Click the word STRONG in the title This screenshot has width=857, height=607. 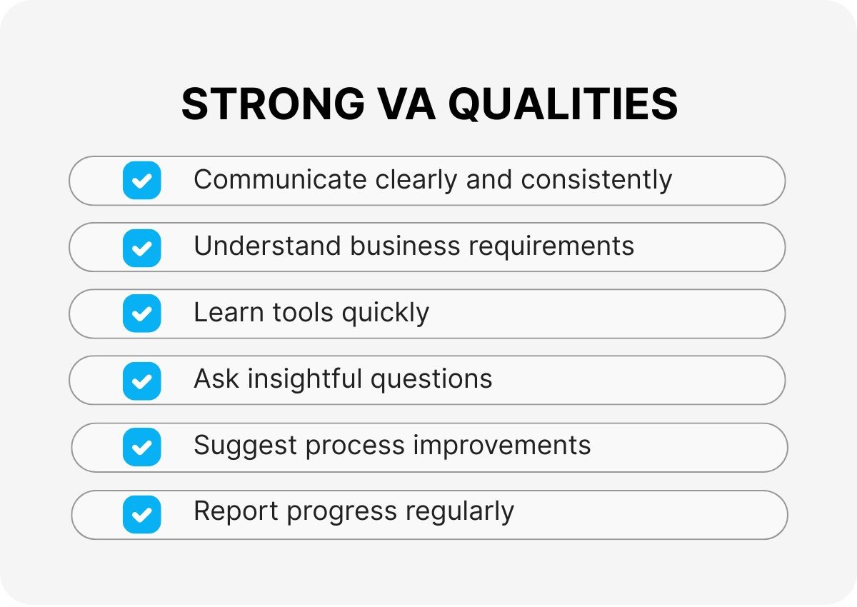click(273, 104)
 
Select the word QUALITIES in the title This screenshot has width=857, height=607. click(563, 104)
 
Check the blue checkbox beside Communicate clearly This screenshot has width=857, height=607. click(142, 180)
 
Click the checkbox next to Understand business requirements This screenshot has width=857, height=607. click(142, 248)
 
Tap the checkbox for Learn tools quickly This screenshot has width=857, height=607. click(142, 313)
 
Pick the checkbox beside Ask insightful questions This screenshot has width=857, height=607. click(142, 381)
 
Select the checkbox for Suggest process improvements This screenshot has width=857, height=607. click(142, 447)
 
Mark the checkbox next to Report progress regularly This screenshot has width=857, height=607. click(142, 514)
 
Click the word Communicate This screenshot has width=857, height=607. click(281, 179)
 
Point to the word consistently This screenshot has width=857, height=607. click(596, 181)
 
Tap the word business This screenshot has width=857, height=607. click(405, 246)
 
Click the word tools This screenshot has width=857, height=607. click(303, 312)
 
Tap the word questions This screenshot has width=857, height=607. click(431, 381)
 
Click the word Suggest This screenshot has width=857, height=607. click(245, 446)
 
